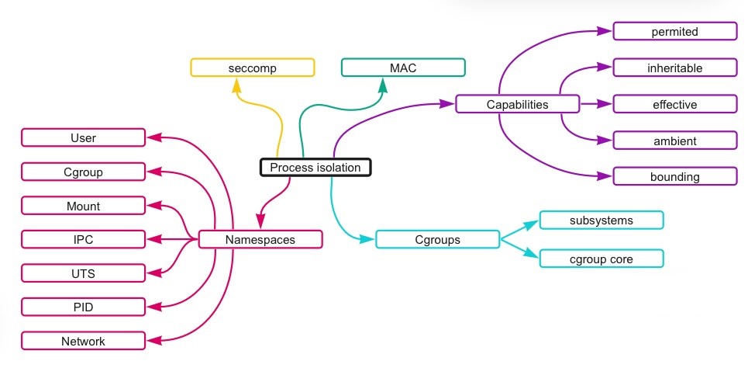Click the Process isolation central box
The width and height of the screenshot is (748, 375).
[315, 168]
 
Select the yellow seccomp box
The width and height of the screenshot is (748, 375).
[253, 68]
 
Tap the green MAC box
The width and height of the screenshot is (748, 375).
[403, 68]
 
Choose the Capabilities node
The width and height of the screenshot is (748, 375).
[517, 104]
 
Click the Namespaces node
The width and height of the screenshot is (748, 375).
[260, 239]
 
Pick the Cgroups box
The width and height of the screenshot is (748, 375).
[438, 239]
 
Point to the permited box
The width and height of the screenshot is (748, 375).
[674, 31]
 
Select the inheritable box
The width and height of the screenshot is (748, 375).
[674, 68]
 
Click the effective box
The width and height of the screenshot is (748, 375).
[674, 104]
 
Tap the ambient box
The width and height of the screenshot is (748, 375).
[674, 141]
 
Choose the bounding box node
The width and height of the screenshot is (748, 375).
[674, 176]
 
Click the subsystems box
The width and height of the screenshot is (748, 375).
[601, 220]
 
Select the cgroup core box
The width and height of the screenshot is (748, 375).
[601, 258]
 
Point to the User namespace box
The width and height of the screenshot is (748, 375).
[83, 138]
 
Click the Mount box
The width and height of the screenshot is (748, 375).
[83, 206]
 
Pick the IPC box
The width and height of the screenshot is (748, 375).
[83, 239]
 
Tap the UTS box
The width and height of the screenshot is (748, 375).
[83, 273]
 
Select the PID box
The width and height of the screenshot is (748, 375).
[83, 307]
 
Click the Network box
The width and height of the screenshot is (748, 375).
[83, 341]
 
